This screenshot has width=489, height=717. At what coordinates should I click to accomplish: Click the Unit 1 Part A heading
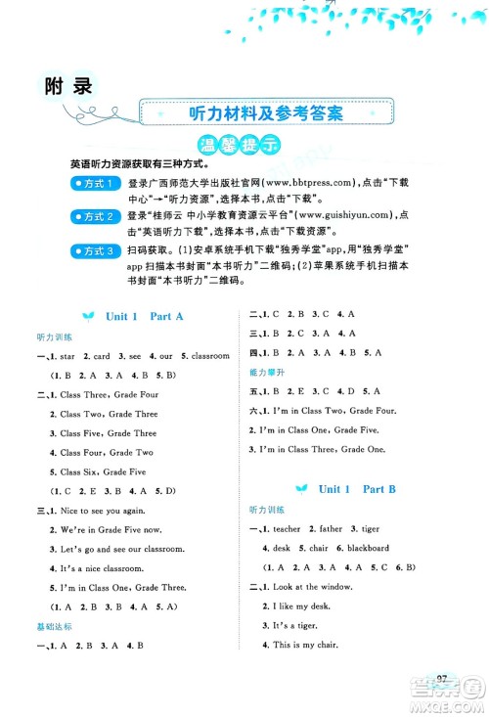coord(144,316)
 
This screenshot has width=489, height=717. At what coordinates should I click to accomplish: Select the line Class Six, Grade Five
coord(104,471)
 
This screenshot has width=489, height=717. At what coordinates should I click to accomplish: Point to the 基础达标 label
coord(48,625)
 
